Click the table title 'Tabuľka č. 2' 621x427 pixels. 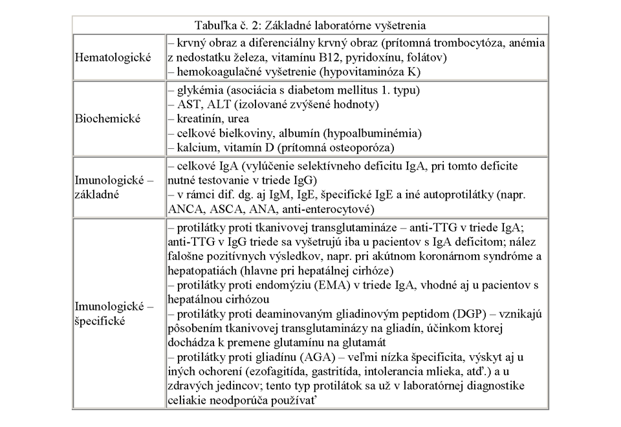[226, 26]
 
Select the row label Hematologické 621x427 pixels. [114, 57]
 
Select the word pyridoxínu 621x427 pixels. [371, 58]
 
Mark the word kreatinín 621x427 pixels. [199, 119]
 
